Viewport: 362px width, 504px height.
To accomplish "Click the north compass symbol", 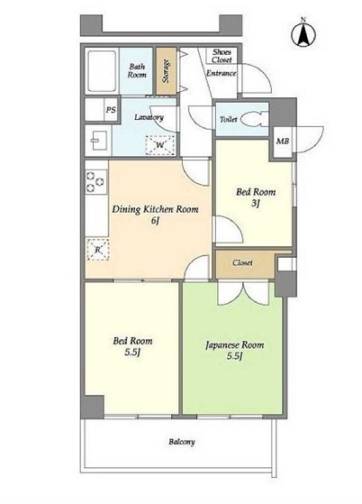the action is click(x=303, y=33).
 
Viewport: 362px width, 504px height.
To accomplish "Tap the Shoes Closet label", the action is click(x=222, y=56).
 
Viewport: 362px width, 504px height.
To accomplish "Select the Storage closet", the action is click(x=167, y=71).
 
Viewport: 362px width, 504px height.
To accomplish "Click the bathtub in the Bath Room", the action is click(x=102, y=71).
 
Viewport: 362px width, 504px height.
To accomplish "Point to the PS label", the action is click(x=111, y=110).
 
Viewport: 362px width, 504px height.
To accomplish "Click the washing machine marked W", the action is click(x=159, y=145).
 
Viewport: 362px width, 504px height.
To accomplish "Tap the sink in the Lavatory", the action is click(x=98, y=141).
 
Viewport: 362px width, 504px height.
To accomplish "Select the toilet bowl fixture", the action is click(x=251, y=120).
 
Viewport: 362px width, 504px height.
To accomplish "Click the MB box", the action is click(x=283, y=142).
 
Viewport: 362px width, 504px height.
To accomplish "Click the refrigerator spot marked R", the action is click(x=98, y=250).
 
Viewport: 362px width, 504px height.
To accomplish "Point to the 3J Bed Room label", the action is click(x=256, y=197).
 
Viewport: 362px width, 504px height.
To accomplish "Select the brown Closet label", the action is click(x=242, y=263).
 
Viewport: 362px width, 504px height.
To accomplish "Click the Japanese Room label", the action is click(x=235, y=351).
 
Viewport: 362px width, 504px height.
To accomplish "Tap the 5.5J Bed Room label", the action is click(x=132, y=346).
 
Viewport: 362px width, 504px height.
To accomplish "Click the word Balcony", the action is click(x=182, y=442).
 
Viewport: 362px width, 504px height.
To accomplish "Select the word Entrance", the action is click(x=222, y=73).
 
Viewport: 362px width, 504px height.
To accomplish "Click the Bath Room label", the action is click(x=137, y=70).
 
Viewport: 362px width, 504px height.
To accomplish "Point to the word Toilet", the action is click(x=228, y=120).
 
